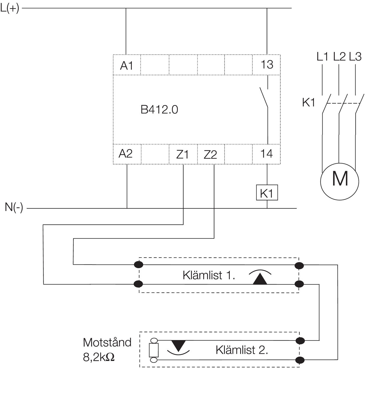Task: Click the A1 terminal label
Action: pyautogui.click(x=127, y=66)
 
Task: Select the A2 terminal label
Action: pyautogui.click(x=126, y=154)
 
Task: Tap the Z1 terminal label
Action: pyautogui.click(x=182, y=154)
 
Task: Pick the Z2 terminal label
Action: pyautogui.click(x=210, y=155)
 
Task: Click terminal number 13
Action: pyautogui.click(x=267, y=65)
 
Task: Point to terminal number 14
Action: pyautogui.click(x=266, y=154)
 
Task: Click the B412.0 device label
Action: pyautogui.click(x=159, y=110)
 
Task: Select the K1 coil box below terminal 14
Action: pyautogui.click(x=267, y=193)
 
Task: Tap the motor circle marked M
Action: pyautogui.click(x=340, y=181)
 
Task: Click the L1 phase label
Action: pyautogui.click(x=323, y=57)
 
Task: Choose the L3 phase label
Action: pyautogui.click(x=355, y=57)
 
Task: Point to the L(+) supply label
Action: pyautogui.click(x=10, y=8)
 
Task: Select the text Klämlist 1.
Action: pyautogui.click(x=209, y=275)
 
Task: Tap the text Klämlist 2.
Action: pyautogui.click(x=242, y=350)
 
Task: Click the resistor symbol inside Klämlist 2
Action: pyautogui.click(x=154, y=350)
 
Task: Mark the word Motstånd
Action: pyautogui.click(x=107, y=342)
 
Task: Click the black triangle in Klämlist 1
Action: pyautogui.click(x=260, y=279)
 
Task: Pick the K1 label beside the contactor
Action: pyautogui.click(x=309, y=103)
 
